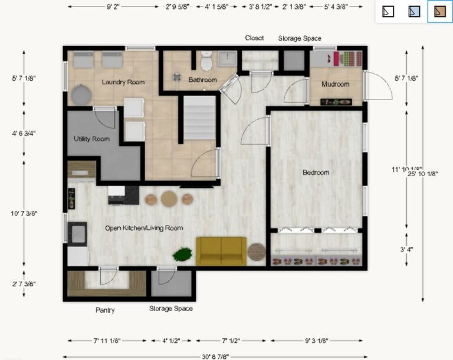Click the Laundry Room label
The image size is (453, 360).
(x=123, y=82)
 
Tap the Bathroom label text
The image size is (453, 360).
(x=202, y=80)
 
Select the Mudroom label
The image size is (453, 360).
(x=335, y=84)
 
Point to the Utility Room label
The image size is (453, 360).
(x=91, y=139)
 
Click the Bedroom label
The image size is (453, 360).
(x=316, y=173)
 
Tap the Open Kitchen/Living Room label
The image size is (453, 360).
(x=144, y=228)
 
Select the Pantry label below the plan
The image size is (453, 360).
(x=105, y=310)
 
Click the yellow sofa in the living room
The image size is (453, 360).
(x=221, y=251)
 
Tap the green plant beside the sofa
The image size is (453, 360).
(x=182, y=255)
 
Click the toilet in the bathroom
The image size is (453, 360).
(x=206, y=61)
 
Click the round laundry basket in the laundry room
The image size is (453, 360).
(x=82, y=94)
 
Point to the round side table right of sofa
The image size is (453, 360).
(x=257, y=252)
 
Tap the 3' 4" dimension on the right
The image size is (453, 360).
(x=406, y=249)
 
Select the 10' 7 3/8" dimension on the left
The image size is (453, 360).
(x=24, y=213)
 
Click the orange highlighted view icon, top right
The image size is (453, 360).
(x=439, y=11)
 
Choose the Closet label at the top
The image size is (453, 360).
(x=254, y=38)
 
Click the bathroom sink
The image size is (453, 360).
(x=227, y=58)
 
